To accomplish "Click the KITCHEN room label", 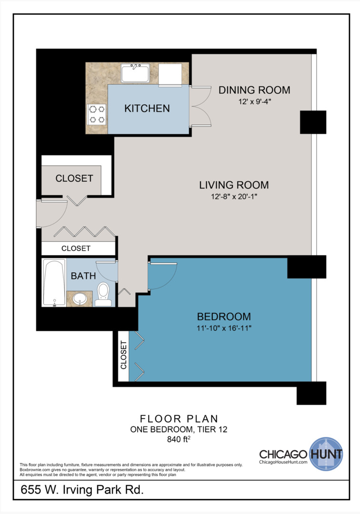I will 147,109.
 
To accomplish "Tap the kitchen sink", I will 135,73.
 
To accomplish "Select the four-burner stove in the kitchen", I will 97,114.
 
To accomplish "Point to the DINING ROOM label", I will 254,90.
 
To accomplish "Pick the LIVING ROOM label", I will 234,185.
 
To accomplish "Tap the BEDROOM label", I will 224,316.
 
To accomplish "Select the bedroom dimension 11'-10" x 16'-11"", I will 224,328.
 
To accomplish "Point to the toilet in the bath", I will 103,294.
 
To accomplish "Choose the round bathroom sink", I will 80,299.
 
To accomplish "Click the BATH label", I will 83,276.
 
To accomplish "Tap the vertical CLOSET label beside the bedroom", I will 123,355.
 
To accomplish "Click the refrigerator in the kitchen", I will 170,74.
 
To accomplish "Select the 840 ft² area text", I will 179,440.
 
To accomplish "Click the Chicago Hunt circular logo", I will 326,453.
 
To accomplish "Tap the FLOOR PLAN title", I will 179,419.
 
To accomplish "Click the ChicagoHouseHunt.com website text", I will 284,462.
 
